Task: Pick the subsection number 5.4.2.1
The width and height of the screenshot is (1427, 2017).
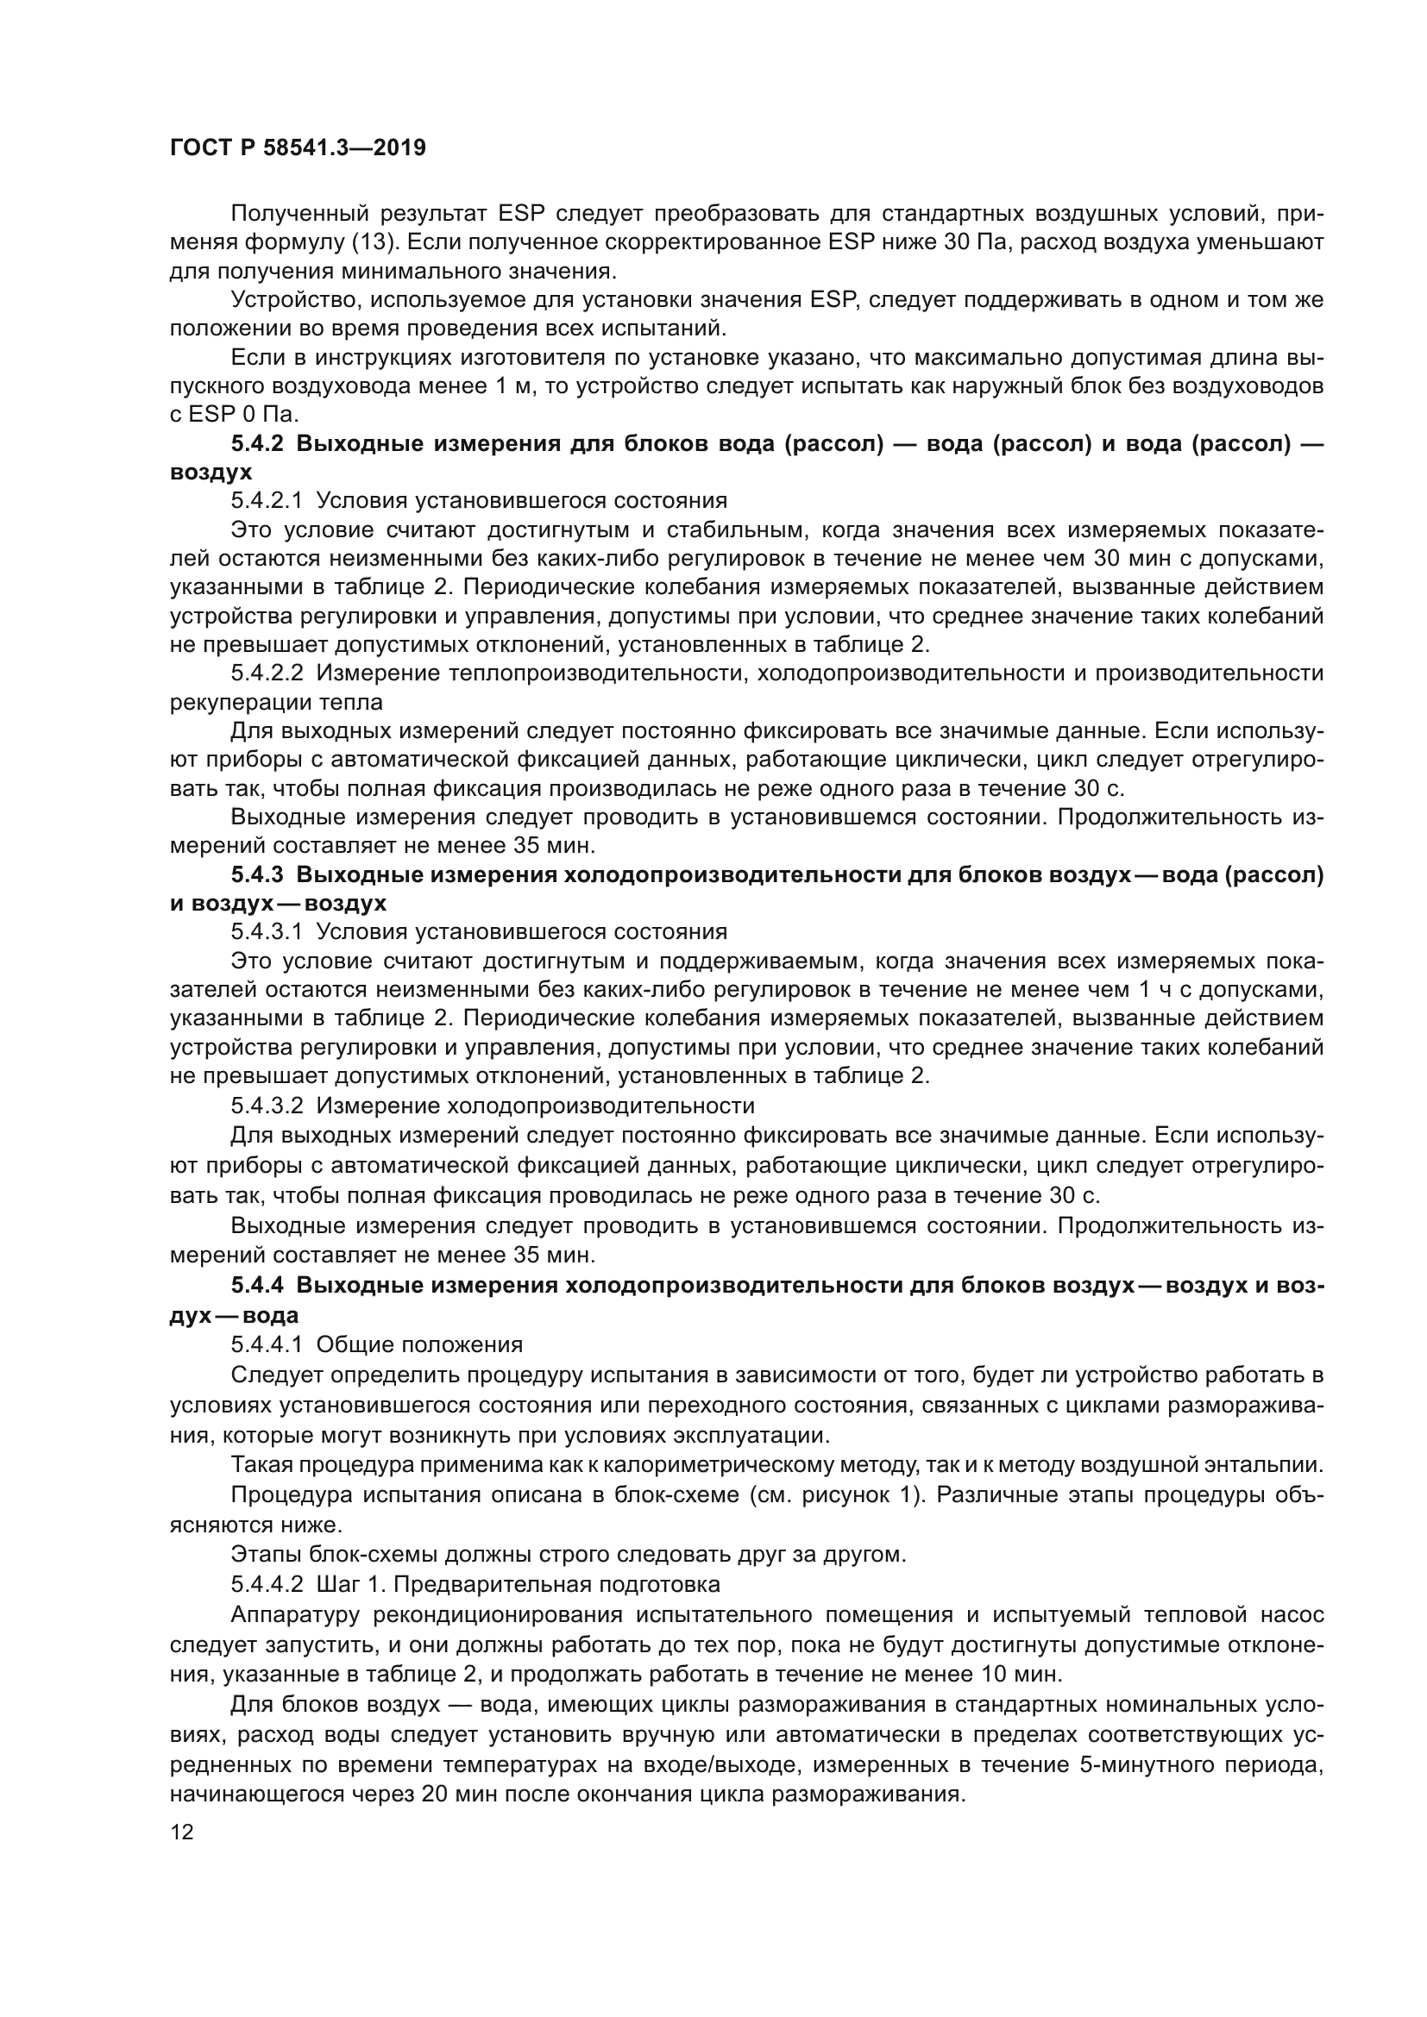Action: pyautogui.click(x=267, y=501)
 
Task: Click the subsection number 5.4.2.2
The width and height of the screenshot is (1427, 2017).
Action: pyautogui.click(x=267, y=673)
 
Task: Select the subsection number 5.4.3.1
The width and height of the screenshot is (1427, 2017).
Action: pyautogui.click(x=267, y=931)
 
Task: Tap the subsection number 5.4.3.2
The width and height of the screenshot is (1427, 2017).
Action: pyautogui.click(x=267, y=1106)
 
